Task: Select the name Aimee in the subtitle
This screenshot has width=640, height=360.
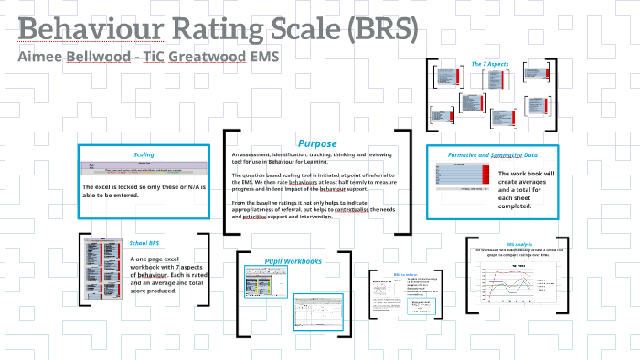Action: (46, 58)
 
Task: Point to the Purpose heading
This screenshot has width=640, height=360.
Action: (317, 143)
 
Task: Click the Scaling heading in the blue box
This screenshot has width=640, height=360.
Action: (144, 154)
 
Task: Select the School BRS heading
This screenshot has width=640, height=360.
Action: (144, 243)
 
